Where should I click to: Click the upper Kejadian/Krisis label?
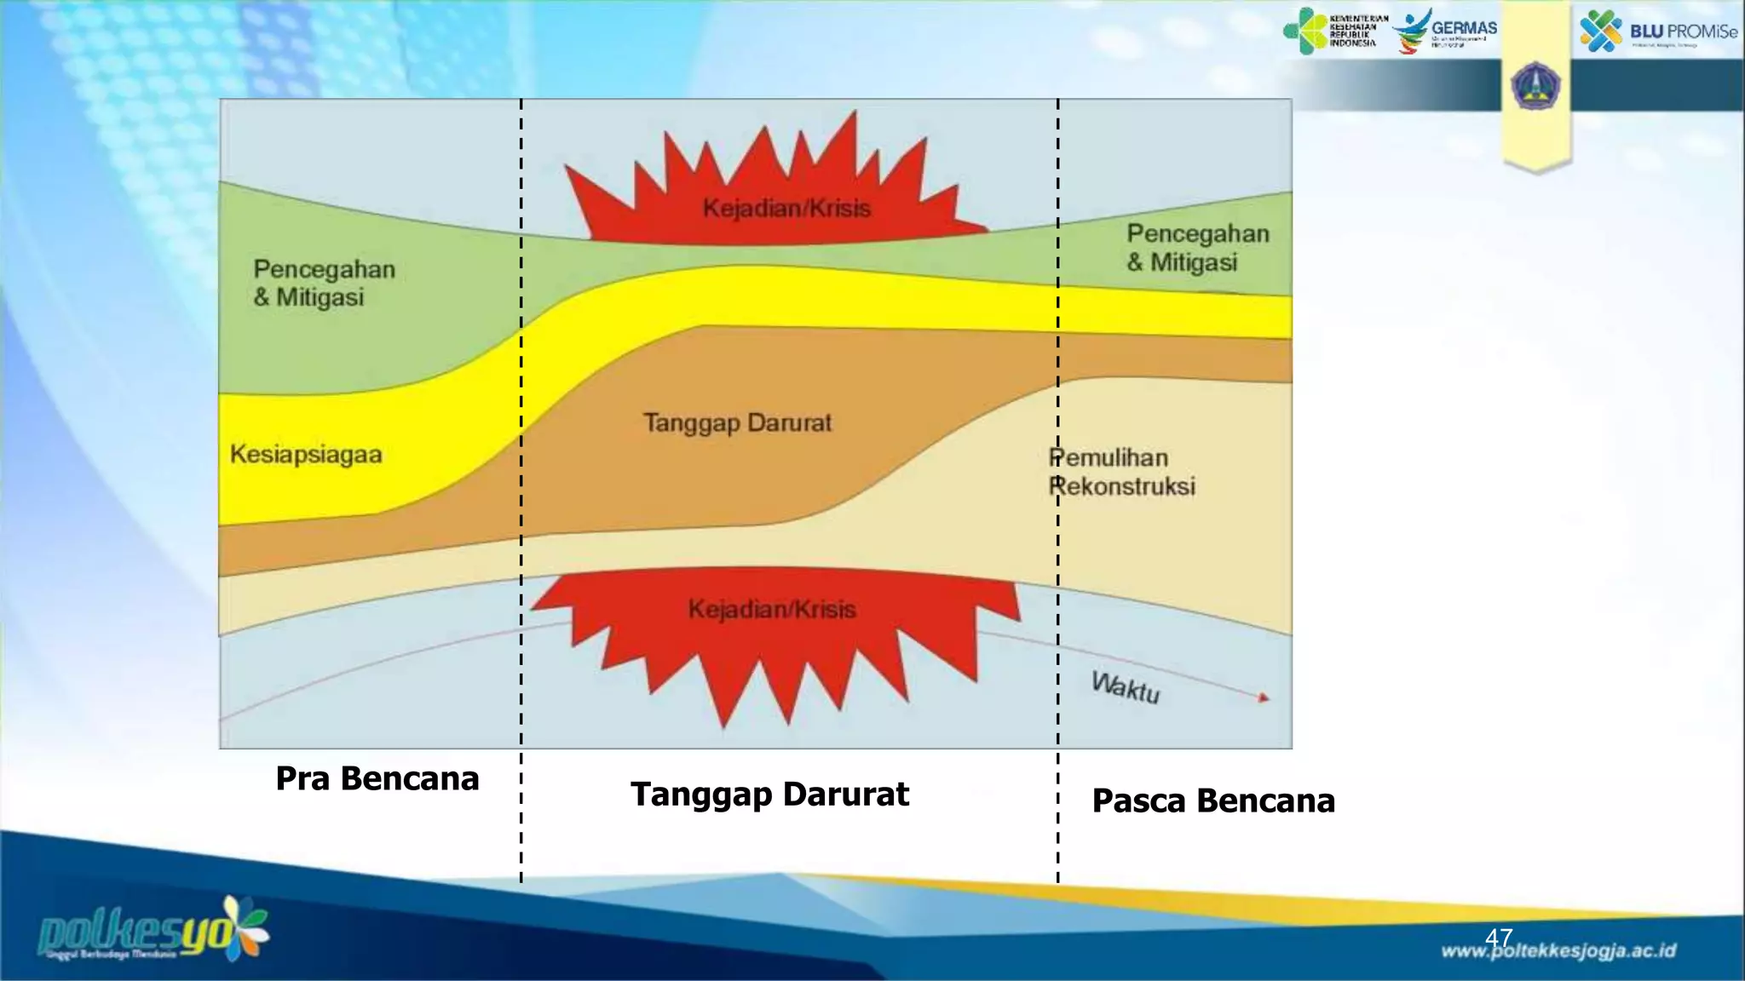(x=786, y=209)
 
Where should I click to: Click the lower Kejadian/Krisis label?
(x=771, y=610)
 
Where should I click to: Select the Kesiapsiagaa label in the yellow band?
(x=306, y=455)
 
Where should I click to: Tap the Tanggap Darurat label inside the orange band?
(x=737, y=423)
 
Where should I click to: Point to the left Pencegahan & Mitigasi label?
(x=324, y=283)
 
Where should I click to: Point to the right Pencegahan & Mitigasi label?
(x=1197, y=248)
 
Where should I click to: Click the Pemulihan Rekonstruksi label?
(x=1121, y=472)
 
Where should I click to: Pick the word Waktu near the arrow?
(x=1126, y=687)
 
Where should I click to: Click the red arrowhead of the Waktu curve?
(x=1264, y=697)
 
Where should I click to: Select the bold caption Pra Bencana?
(x=377, y=778)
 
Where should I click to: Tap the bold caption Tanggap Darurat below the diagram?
(x=769, y=794)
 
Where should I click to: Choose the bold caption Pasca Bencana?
(x=1212, y=800)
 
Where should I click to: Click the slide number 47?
(x=1498, y=938)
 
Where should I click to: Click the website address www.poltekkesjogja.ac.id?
(x=1558, y=951)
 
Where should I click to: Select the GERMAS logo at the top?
(x=1445, y=31)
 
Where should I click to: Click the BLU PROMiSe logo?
(x=1657, y=32)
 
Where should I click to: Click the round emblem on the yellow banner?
(x=1535, y=86)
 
